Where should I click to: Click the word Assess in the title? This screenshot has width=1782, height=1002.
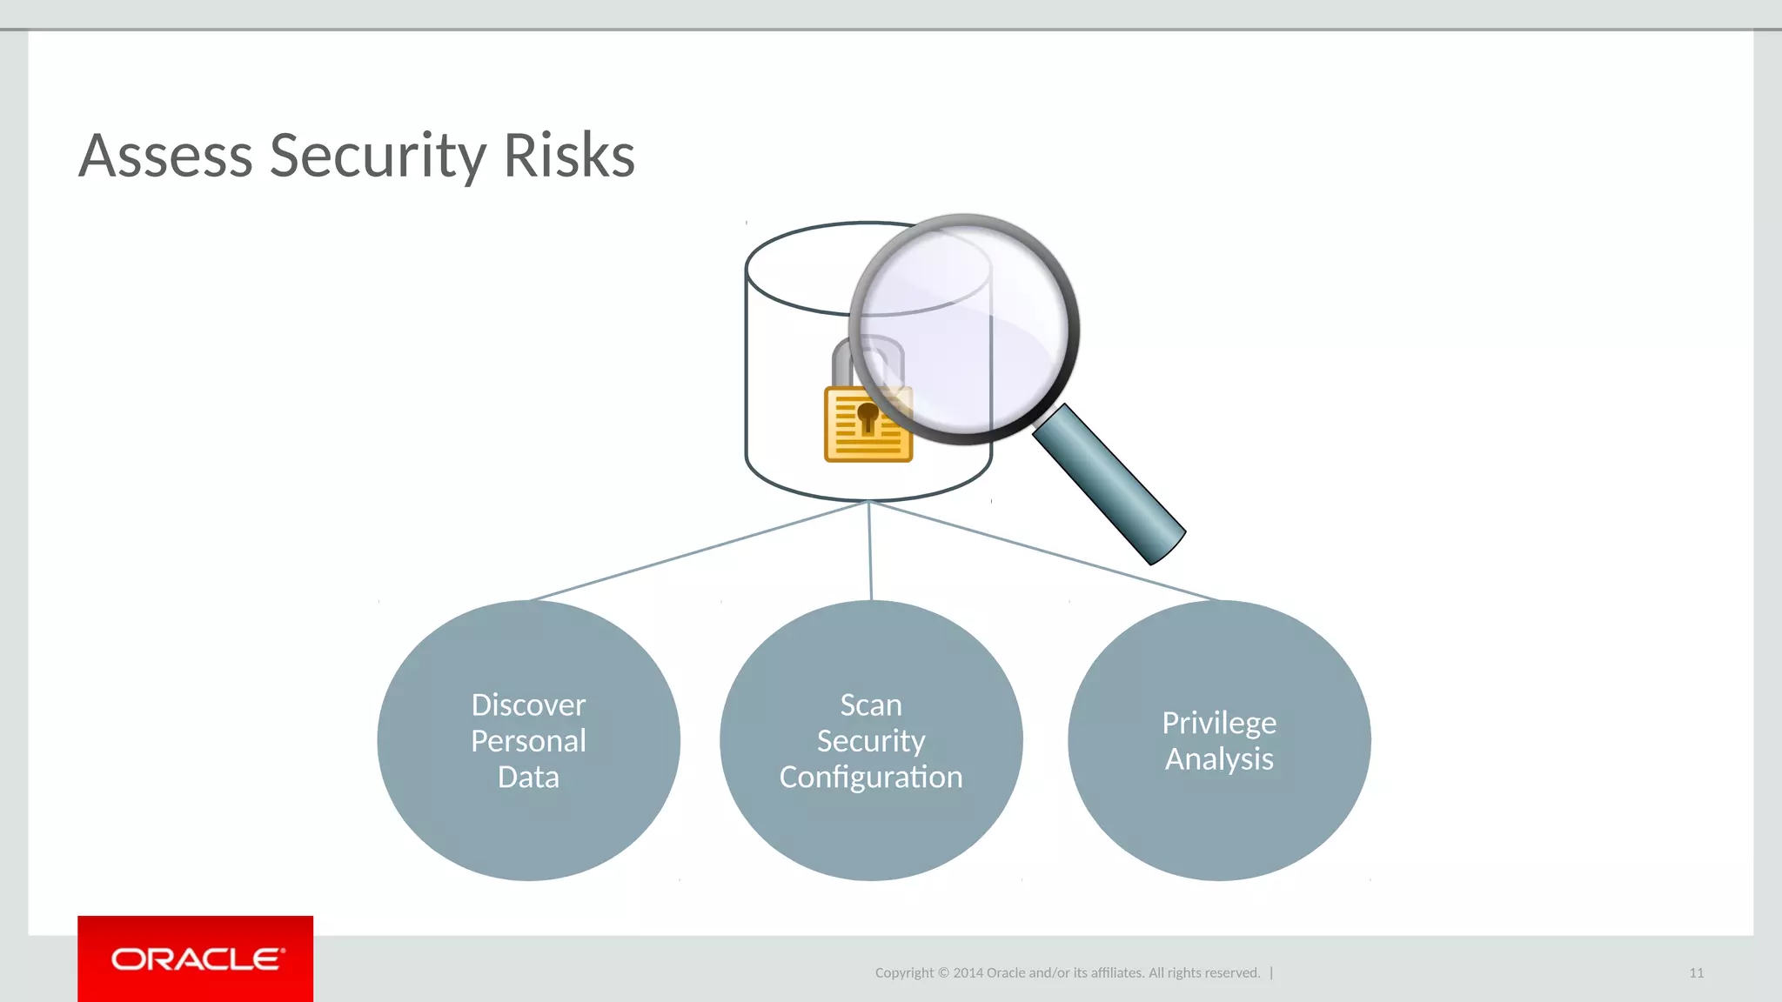click(x=165, y=157)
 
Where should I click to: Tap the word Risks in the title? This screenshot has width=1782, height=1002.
click(x=569, y=157)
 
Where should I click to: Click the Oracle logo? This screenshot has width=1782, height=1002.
click(x=196, y=959)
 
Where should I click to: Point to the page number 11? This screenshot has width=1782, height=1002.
click(x=1696, y=973)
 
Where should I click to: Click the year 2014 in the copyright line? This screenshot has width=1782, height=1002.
click(x=968, y=973)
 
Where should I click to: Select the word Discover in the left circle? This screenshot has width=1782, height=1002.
click(x=528, y=705)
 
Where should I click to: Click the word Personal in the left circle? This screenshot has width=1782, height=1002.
click(x=528, y=741)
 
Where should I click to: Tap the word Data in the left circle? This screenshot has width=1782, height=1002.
click(x=528, y=777)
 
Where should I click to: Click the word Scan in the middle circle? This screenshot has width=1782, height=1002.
click(x=871, y=705)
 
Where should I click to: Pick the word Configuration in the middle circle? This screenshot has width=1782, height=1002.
click(x=871, y=777)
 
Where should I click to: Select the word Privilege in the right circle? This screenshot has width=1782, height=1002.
click(x=1219, y=723)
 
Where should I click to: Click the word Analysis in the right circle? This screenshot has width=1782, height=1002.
click(x=1219, y=759)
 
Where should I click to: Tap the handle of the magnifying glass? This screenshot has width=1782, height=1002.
click(x=1109, y=484)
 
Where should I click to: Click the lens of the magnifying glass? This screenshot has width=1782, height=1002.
click(x=964, y=329)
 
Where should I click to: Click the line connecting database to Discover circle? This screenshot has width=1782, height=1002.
click(x=696, y=551)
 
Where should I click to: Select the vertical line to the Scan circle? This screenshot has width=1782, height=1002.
click(x=870, y=551)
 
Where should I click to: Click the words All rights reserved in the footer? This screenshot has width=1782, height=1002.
click(x=1204, y=973)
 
